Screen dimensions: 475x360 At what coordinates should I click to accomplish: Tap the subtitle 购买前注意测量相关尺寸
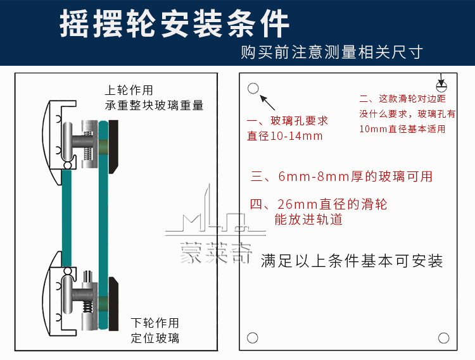coord(331,52)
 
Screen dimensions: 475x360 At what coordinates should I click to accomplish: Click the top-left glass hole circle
coord(253,89)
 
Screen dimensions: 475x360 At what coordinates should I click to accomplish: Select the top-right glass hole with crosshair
coord(442,85)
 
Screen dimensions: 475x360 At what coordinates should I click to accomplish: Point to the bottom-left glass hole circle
coord(253,338)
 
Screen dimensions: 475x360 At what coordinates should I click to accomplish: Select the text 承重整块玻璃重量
coord(155,105)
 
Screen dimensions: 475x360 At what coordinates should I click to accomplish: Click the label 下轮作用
coord(155,323)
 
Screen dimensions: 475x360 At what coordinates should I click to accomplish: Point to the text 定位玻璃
coord(155,338)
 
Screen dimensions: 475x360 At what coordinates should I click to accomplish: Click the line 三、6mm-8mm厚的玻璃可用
coord(342,177)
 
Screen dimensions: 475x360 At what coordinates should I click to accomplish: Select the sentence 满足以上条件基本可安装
coord(351,261)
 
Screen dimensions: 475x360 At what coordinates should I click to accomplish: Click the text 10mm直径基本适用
coord(402,129)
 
